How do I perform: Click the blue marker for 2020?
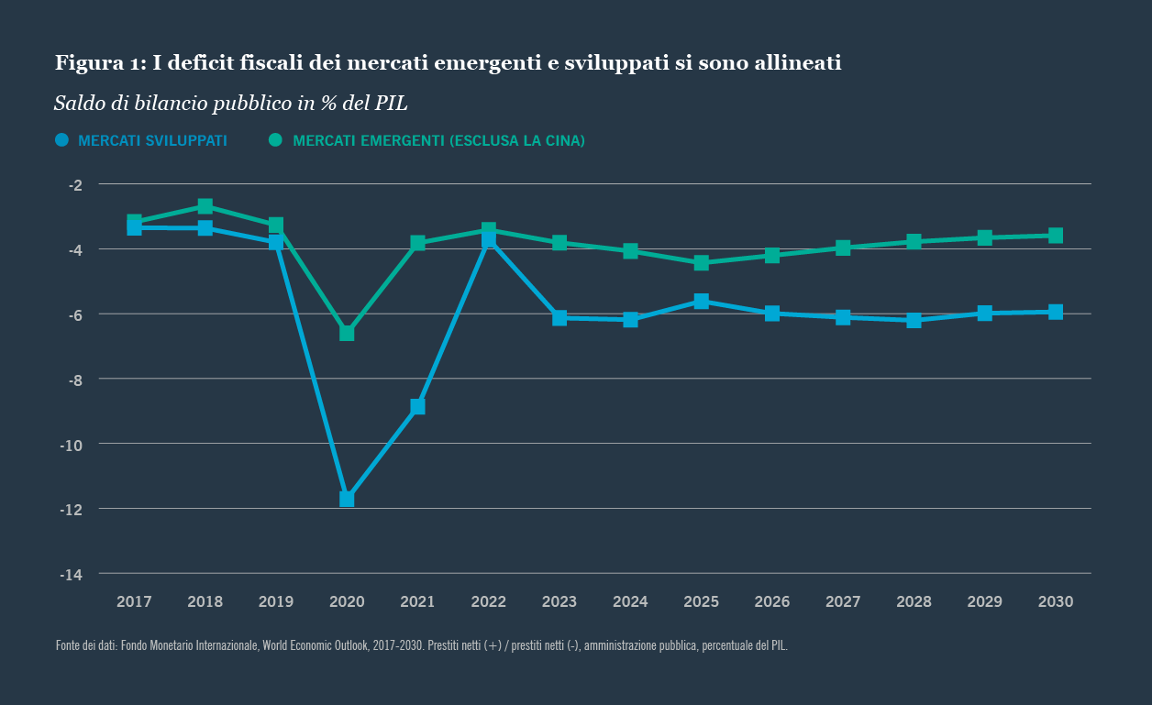pyautogui.click(x=347, y=499)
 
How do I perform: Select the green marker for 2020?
pyautogui.click(x=347, y=333)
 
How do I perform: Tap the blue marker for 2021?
pyautogui.click(x=417, y=406)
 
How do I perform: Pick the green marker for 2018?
pyautogui.click(x=205, y=206)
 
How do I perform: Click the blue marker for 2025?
pyautogui.click(x=701, y=301)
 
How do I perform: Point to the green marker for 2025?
pyautogui.click(x=701, y=263)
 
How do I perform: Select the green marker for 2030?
pyautogui.click(x=1056, y=236)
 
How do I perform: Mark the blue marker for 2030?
pyautogui.click(x=1056, y=312)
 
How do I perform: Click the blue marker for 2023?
pyautogui.click(x=559, y=317)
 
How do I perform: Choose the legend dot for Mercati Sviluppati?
pyautogui.click(x=62, y=140)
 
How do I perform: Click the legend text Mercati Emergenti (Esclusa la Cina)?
pyautogui.click(x=438, y=141)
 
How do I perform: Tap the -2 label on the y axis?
pyautogui.click(x=75, y=185)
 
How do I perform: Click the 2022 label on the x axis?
pyautogui.click(x=488, y=602)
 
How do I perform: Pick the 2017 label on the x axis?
pyautogui.click(x=134, y=602)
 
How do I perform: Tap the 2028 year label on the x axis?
pyautogui.click(x=914, y=602)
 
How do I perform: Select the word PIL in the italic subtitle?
pyautogui.click(x=391, y=104)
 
